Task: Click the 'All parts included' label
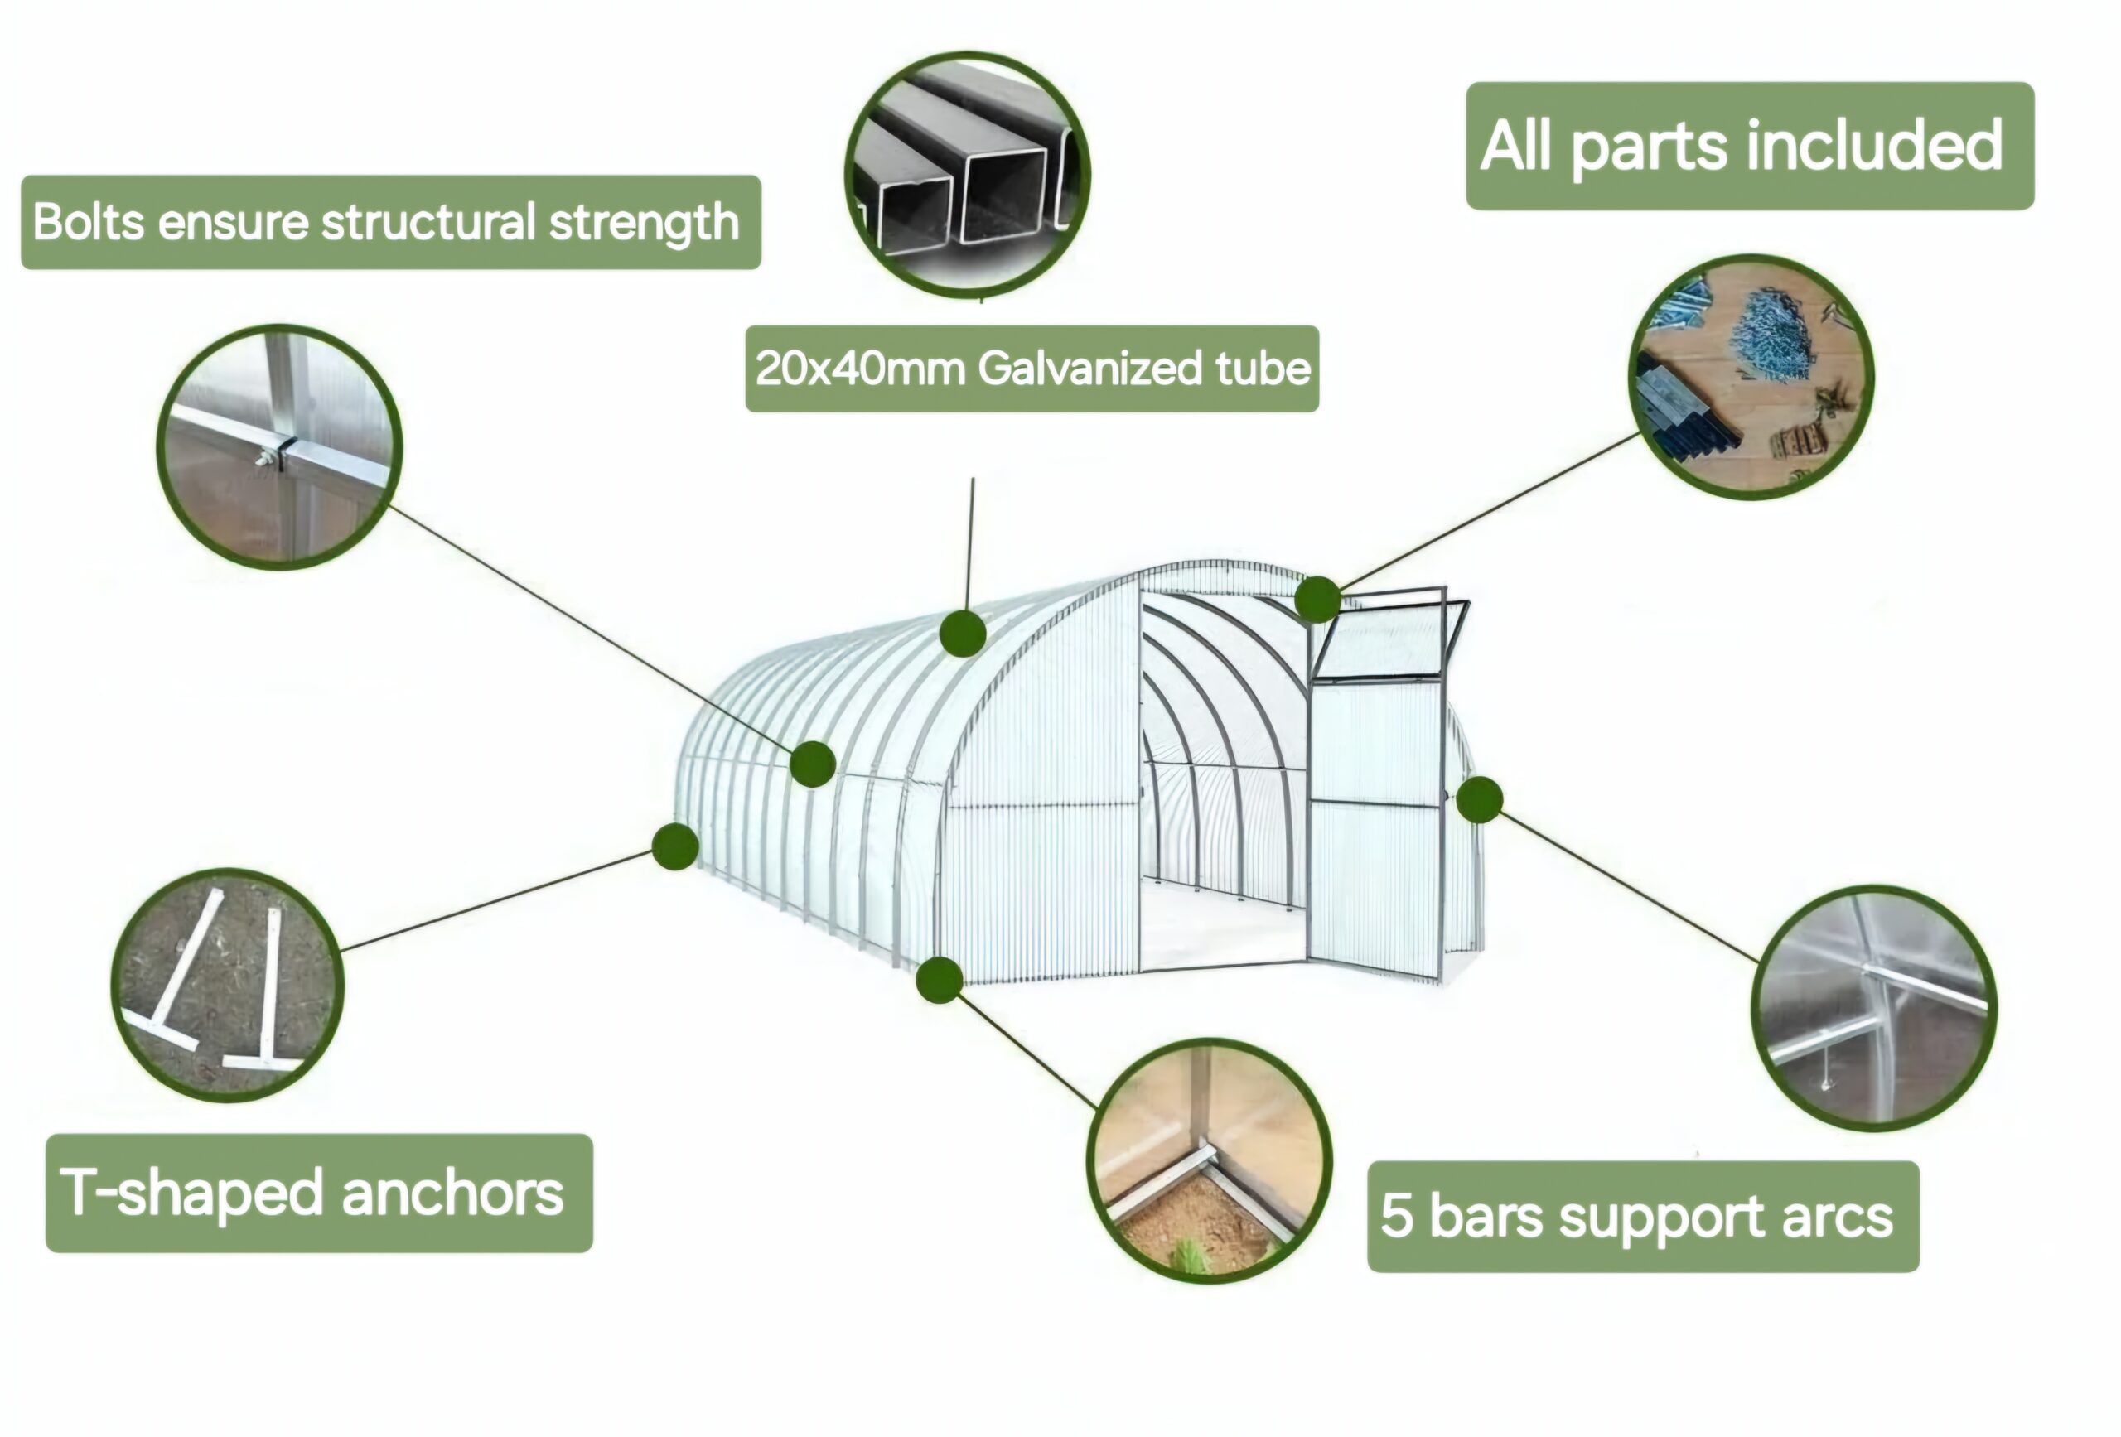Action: [1749, 146]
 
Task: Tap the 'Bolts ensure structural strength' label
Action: [390, 223]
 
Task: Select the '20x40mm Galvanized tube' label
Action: [1032, 369]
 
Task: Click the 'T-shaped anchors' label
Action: [318, 1193]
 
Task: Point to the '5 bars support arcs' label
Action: [1642, 1216]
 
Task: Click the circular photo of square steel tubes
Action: [968, 174]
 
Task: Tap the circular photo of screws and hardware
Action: [1751, 377]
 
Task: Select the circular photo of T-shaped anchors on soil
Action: [227, 985]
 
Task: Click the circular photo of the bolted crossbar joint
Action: [279, 447]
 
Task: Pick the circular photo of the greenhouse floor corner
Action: [1208, 1160]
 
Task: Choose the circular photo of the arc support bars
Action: [1872, 1007]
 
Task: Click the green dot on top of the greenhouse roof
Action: [963, 634]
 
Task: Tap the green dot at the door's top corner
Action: [1317, 600]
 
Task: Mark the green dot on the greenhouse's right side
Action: [1479, 800]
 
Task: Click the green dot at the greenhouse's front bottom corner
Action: [939, 980]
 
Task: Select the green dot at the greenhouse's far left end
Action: [675, 846]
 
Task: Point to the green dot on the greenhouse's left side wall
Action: [812, 764]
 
